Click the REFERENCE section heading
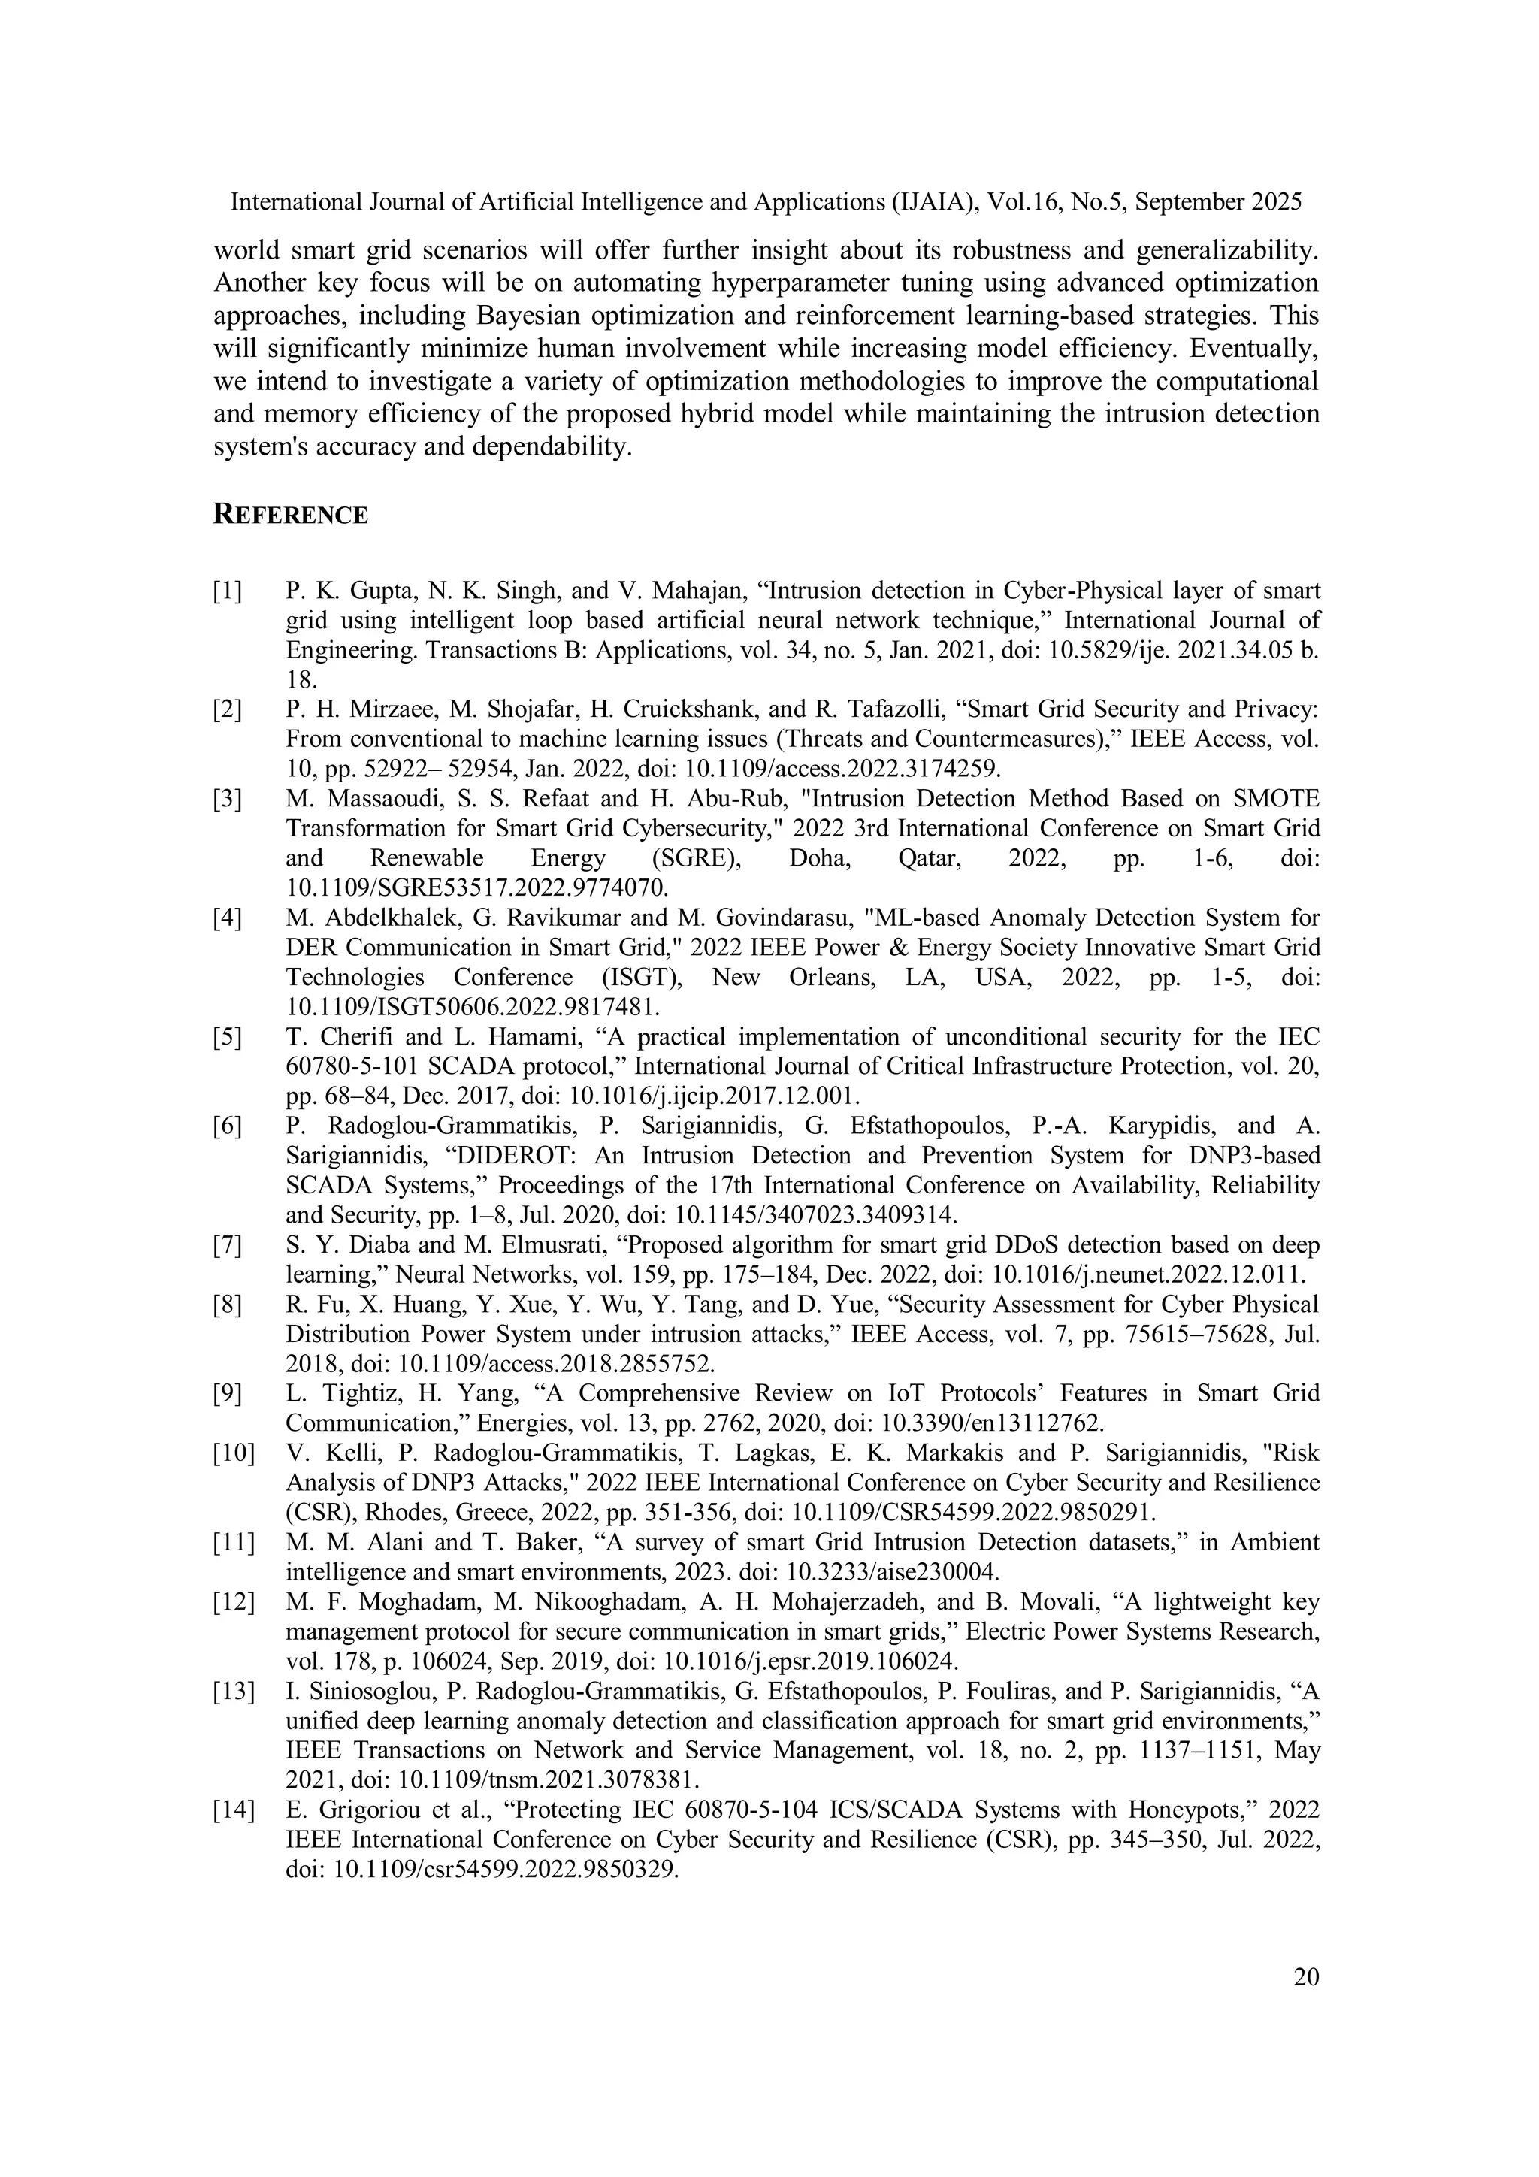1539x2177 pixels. pos(290,515)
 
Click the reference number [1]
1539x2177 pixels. pos(228,591)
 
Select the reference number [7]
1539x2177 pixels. pos(228,1245)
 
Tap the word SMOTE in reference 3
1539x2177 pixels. pos(1278,798)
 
